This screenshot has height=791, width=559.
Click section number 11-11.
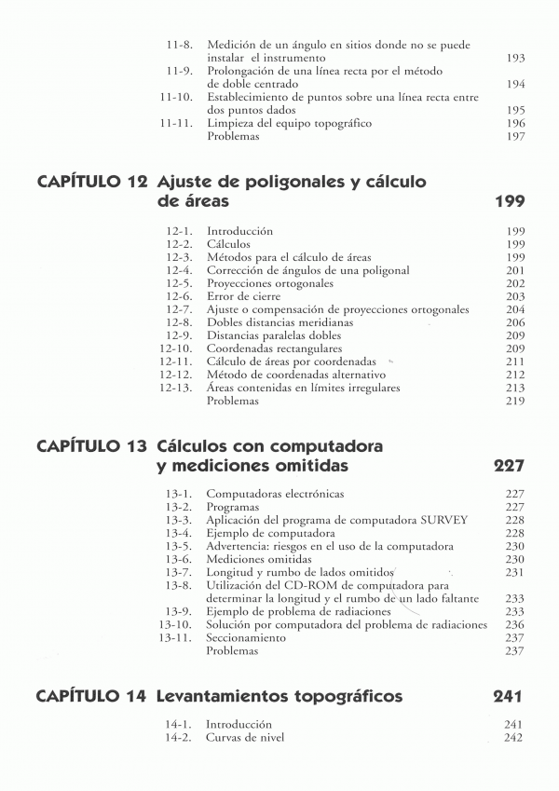pos(176,123)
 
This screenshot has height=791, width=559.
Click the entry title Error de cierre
pos(244,296)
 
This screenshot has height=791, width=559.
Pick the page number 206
pos(515,322)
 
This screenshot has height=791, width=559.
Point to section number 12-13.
pos(176,388)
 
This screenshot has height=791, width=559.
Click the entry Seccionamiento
pos(246,638)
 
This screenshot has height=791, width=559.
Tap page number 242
pos(513,737)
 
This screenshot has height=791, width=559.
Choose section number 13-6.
pos(179,559)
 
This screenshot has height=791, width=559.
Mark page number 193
pos(515,58)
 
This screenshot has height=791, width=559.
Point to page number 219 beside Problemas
pos(515,401)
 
